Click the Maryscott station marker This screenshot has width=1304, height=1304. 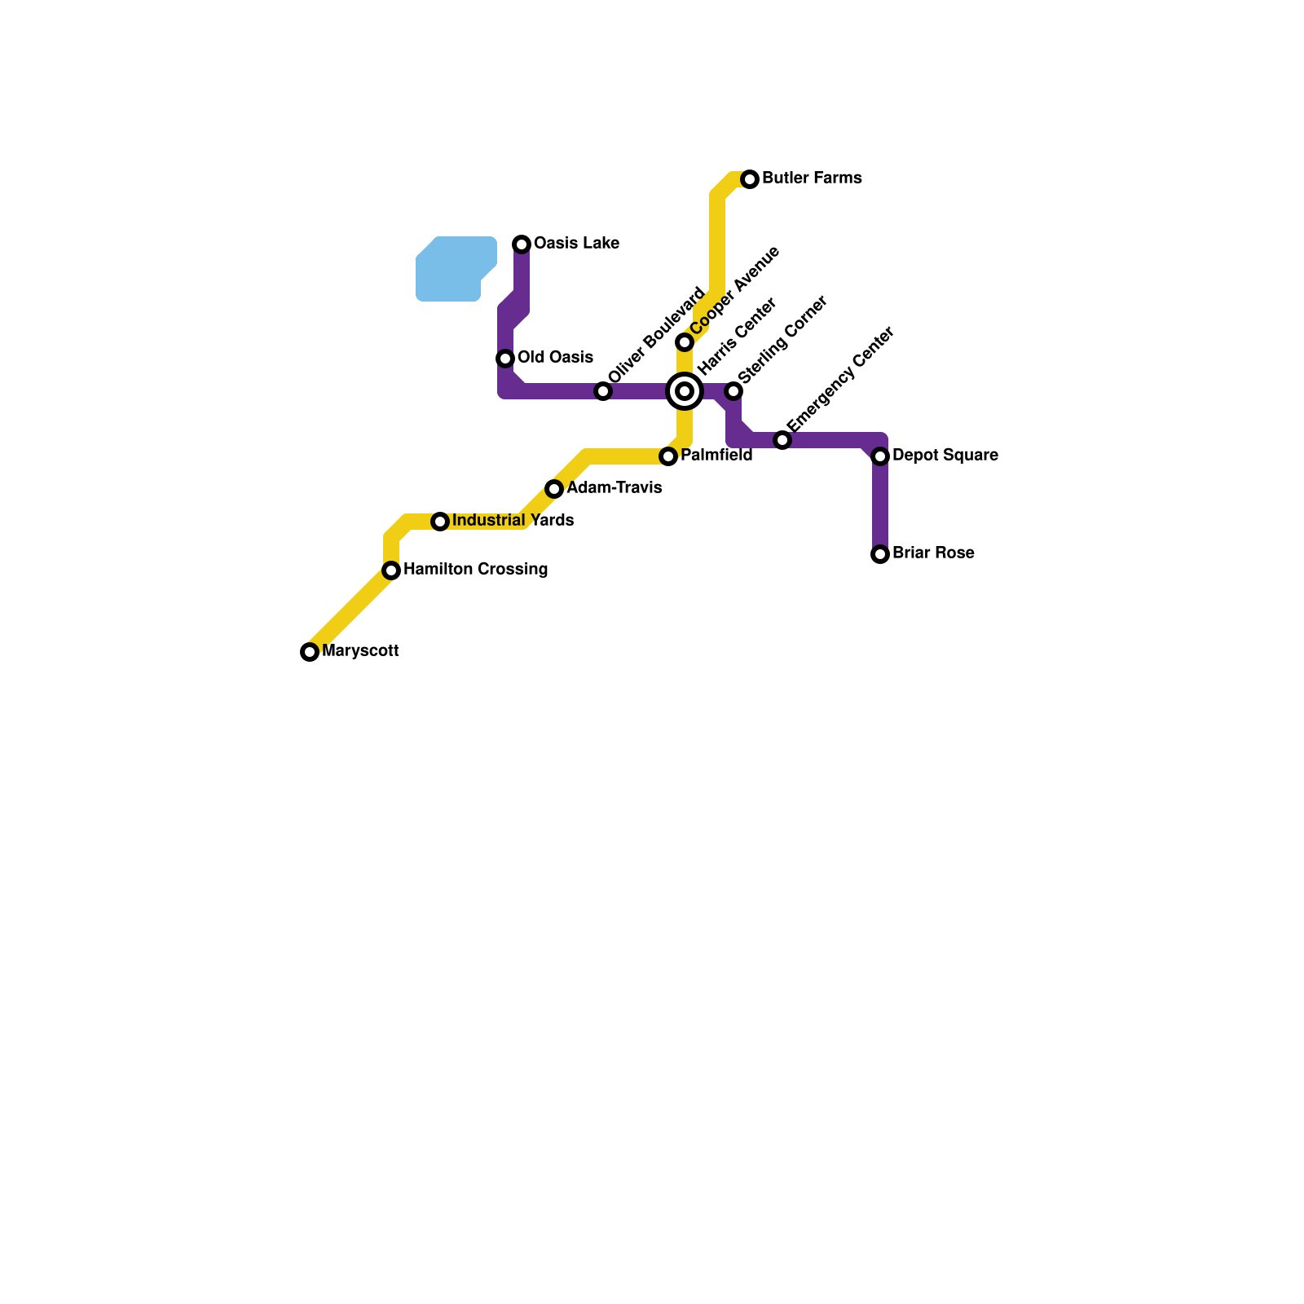tap(310, 652)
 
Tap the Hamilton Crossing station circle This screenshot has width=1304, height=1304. tap(391, 570)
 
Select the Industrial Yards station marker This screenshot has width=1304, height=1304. tap(440, 522)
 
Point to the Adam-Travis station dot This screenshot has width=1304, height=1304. tap(554, 489)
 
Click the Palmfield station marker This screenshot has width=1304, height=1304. tap(668, 456)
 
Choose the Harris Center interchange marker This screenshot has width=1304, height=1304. tap(685, 391)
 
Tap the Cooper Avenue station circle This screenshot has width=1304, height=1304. tap(685, 342)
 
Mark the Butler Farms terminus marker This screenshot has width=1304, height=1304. tap(750, 179)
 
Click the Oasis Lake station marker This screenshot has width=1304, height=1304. tap(522, 244)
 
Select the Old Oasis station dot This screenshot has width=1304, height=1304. tap(505, 359)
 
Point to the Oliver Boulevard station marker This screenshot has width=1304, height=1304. tap(603, 391)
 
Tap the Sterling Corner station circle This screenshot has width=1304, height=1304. tap(733, 391)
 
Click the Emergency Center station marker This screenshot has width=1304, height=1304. tap(782, 440)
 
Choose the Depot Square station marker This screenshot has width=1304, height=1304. tap(880, 456)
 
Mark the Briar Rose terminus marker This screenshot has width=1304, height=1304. tap(880, 554)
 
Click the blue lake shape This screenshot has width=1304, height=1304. tap(452, 269)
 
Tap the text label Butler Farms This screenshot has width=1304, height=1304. tap(812, 178)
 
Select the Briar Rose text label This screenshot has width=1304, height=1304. tap(933, 553)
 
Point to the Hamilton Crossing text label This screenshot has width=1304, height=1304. tap(475, 570)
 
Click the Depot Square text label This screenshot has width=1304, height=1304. tap(945, 456)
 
